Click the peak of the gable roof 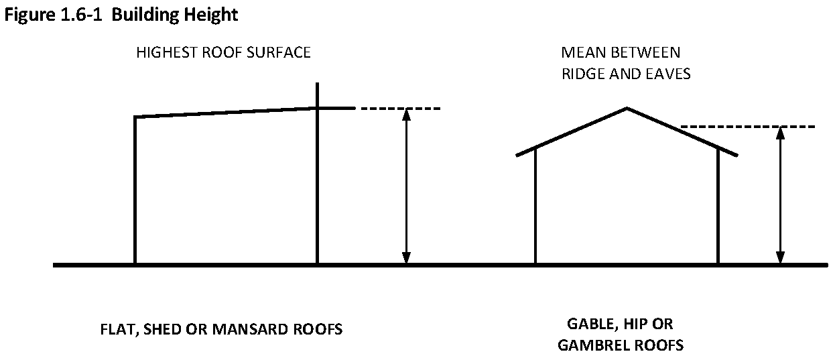627,108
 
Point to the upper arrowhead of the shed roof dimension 405,113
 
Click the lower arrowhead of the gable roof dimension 779,257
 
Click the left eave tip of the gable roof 517,156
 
